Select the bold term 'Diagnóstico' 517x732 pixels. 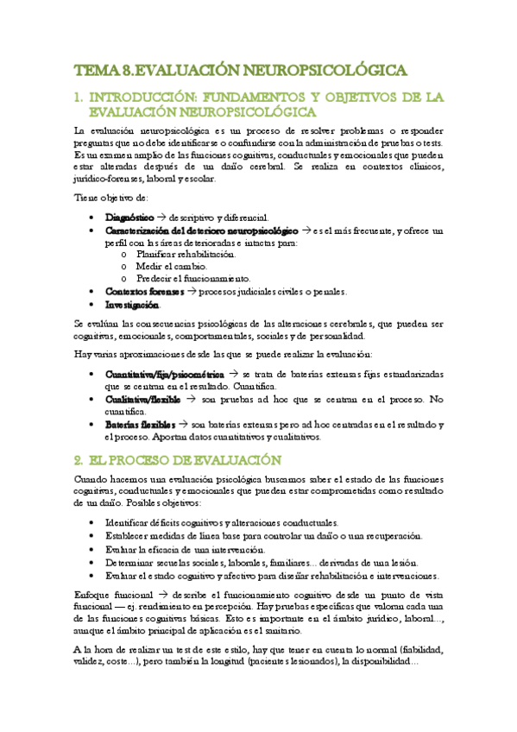[129, 218]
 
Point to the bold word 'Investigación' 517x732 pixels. [132, 306]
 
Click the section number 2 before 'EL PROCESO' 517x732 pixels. [79, 459]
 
